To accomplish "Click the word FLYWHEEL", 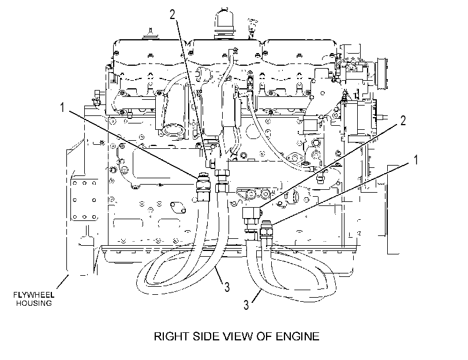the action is pos(33,295).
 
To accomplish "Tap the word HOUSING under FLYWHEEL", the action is pos(34,303).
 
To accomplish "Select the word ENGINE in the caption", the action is pos(297,336).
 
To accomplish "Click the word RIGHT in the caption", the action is pos(171,336).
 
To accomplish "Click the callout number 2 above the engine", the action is pos(173,14).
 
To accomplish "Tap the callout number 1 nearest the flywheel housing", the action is pos(62,107).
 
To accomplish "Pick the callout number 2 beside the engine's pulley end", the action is pos(403,121).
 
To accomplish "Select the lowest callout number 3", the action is pos(246,305).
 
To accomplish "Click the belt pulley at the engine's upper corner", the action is pos(383,73).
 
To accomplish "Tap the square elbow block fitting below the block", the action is pos(252,213).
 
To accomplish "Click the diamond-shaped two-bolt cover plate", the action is pos(177,208).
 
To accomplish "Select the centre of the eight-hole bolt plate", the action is pos(84,200).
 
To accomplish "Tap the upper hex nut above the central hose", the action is pos(222,173).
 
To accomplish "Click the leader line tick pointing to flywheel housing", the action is pos(62,282).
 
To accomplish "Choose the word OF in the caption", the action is pos(264,336).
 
